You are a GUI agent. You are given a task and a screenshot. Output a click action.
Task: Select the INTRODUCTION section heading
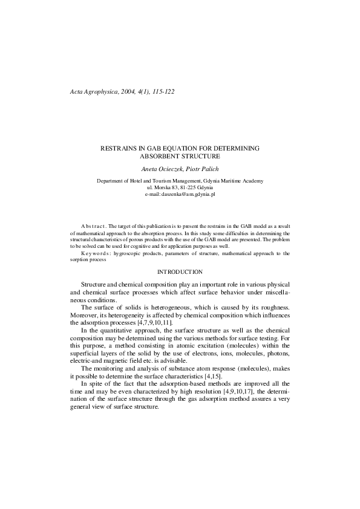(x=180, y=272)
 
